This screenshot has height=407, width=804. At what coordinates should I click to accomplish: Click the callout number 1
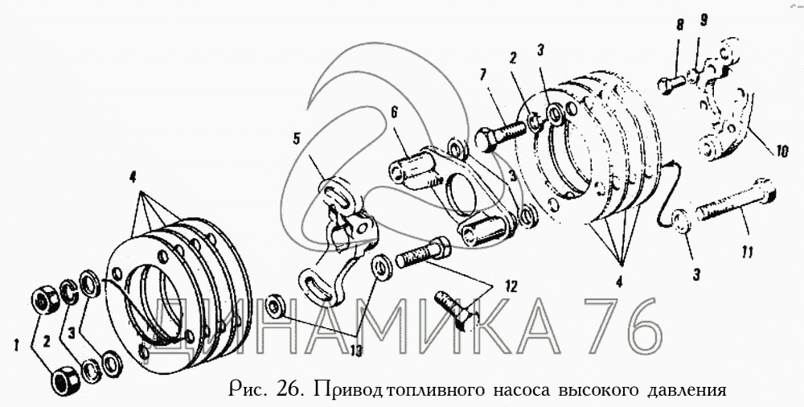point(16,347)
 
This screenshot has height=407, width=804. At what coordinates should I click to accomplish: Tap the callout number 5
point(297,138)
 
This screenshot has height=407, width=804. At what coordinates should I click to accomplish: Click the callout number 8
point(679,26)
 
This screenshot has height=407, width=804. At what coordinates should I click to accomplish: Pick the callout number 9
point(703,21)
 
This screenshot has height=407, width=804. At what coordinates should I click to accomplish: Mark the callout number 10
point(781,152)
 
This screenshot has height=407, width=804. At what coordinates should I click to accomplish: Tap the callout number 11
point(747,252)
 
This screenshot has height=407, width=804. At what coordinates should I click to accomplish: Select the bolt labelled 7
point(500,134)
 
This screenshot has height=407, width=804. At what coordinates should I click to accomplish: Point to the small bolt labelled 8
point(671,81)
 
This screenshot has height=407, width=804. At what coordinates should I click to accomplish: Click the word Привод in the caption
point(350,390)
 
